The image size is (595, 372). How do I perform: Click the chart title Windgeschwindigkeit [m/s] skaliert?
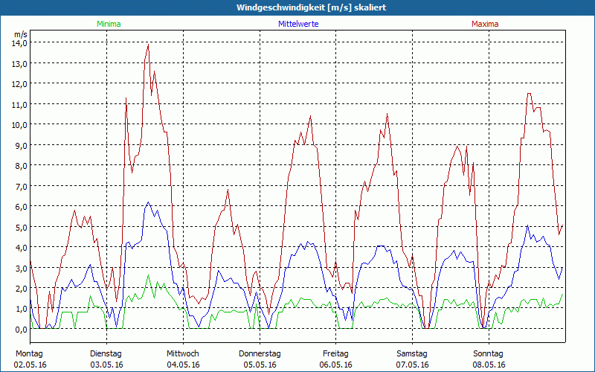[312, 7]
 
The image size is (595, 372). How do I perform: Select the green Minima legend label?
[108, 24]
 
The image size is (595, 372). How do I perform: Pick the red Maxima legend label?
[484, 24]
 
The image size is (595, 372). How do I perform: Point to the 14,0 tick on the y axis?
[19, 42]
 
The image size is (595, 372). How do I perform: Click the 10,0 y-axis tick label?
[19, 124]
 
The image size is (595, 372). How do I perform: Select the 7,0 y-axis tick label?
[19, 185]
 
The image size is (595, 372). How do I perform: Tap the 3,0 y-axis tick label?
[19, 267]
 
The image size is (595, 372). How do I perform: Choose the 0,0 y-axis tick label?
[19, 329]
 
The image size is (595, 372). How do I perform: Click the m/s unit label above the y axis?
[20, 34]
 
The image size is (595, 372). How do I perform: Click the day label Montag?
[28, 353]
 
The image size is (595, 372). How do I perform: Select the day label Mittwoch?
[182, 353]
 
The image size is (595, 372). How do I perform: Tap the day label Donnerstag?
[260, 353]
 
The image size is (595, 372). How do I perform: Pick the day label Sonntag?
[488, 353]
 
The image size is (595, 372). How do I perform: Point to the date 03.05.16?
[106, 365]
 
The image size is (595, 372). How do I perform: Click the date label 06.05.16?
[335, 365]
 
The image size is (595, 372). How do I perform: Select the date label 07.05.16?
[412, 365]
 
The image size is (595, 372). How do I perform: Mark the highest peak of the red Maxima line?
[149, 45]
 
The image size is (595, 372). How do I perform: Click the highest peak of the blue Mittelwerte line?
[148, 202]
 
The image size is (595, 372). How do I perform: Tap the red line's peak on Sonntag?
[529, 94]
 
